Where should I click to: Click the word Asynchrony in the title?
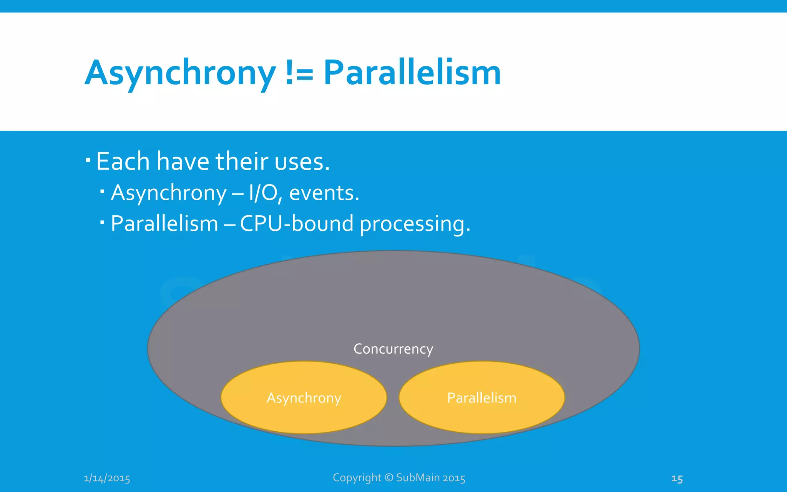point(180,73)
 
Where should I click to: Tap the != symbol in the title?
point(299,73)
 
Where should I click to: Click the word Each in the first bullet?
point(123,161)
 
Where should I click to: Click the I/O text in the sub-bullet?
point(263,193)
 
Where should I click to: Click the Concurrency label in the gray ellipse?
point(393,349)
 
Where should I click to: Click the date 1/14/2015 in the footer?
point(107,478)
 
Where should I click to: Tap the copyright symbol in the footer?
point(389,477)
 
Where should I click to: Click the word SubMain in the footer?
point(418,477)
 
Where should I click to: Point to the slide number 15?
point(677,479)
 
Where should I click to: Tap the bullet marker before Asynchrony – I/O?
point(102,191)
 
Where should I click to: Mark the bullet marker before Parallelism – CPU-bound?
point(102,222)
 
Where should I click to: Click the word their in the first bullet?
point(242,161)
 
